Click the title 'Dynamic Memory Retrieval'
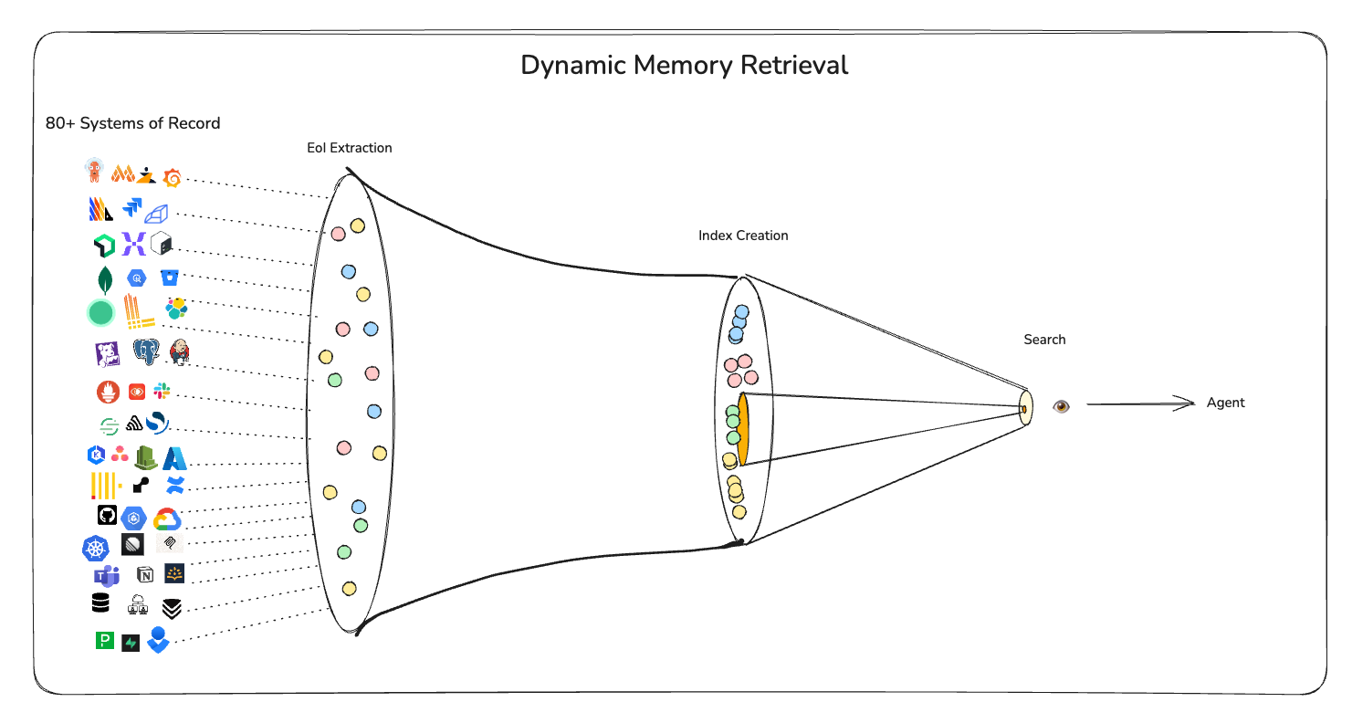(x=684, y=66)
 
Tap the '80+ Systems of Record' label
(x=132, y=123)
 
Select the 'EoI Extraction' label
(x=350, y=148)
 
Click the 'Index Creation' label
(x=743, y=236)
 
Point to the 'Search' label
(x=1044, y=340)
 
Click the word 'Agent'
(x=1225, y=403)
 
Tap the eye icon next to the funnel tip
(x=1060, y=406)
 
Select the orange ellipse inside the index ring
(x=743, y=429)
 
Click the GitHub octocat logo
(x=107, y=516)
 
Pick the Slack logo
(x=162, y=392)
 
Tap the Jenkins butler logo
(x=180, y=352)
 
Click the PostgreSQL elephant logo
(x=146, y=352)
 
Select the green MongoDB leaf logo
(x=105, y=279)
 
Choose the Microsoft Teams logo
(x=107, y=575)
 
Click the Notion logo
(x=145, y=574)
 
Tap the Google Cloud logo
(x=167, y=519)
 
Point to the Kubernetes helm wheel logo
(x=96, y=548)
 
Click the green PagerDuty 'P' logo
(x=105, y=641)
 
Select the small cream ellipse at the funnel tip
(x=1026, y=408)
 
